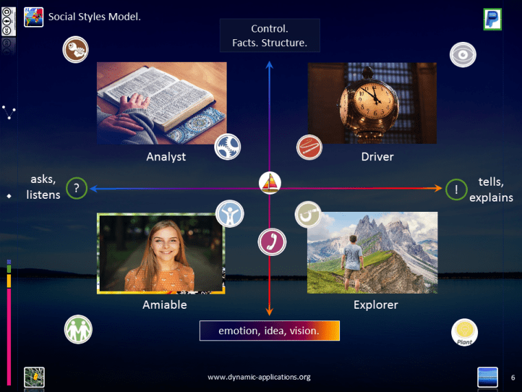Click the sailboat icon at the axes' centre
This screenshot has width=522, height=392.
tap(270, 184)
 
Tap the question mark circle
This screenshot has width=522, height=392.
tap(76, 188)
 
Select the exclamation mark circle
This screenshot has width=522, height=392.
tap(456, 188)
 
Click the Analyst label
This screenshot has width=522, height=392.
tap(166, 157)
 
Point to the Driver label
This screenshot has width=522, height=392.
tap(377, 157)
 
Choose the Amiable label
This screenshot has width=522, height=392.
tap(164, 305)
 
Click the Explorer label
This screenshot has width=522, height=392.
tap(376, 305)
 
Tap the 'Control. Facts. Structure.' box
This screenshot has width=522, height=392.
tap(269, 36)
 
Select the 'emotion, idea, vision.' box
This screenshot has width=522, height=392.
tap(269, 331)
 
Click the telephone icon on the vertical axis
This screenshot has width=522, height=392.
tap(271, 242)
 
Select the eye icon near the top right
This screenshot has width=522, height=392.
tap(463, 55)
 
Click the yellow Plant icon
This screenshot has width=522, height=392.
tap(465, 332)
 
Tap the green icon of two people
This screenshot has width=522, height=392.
tap(78, 329)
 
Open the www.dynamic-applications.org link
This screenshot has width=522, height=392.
tap(259, 377)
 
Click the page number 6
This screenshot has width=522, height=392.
tap(512, 377)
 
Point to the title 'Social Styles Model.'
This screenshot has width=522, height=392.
tap(94, 16)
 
